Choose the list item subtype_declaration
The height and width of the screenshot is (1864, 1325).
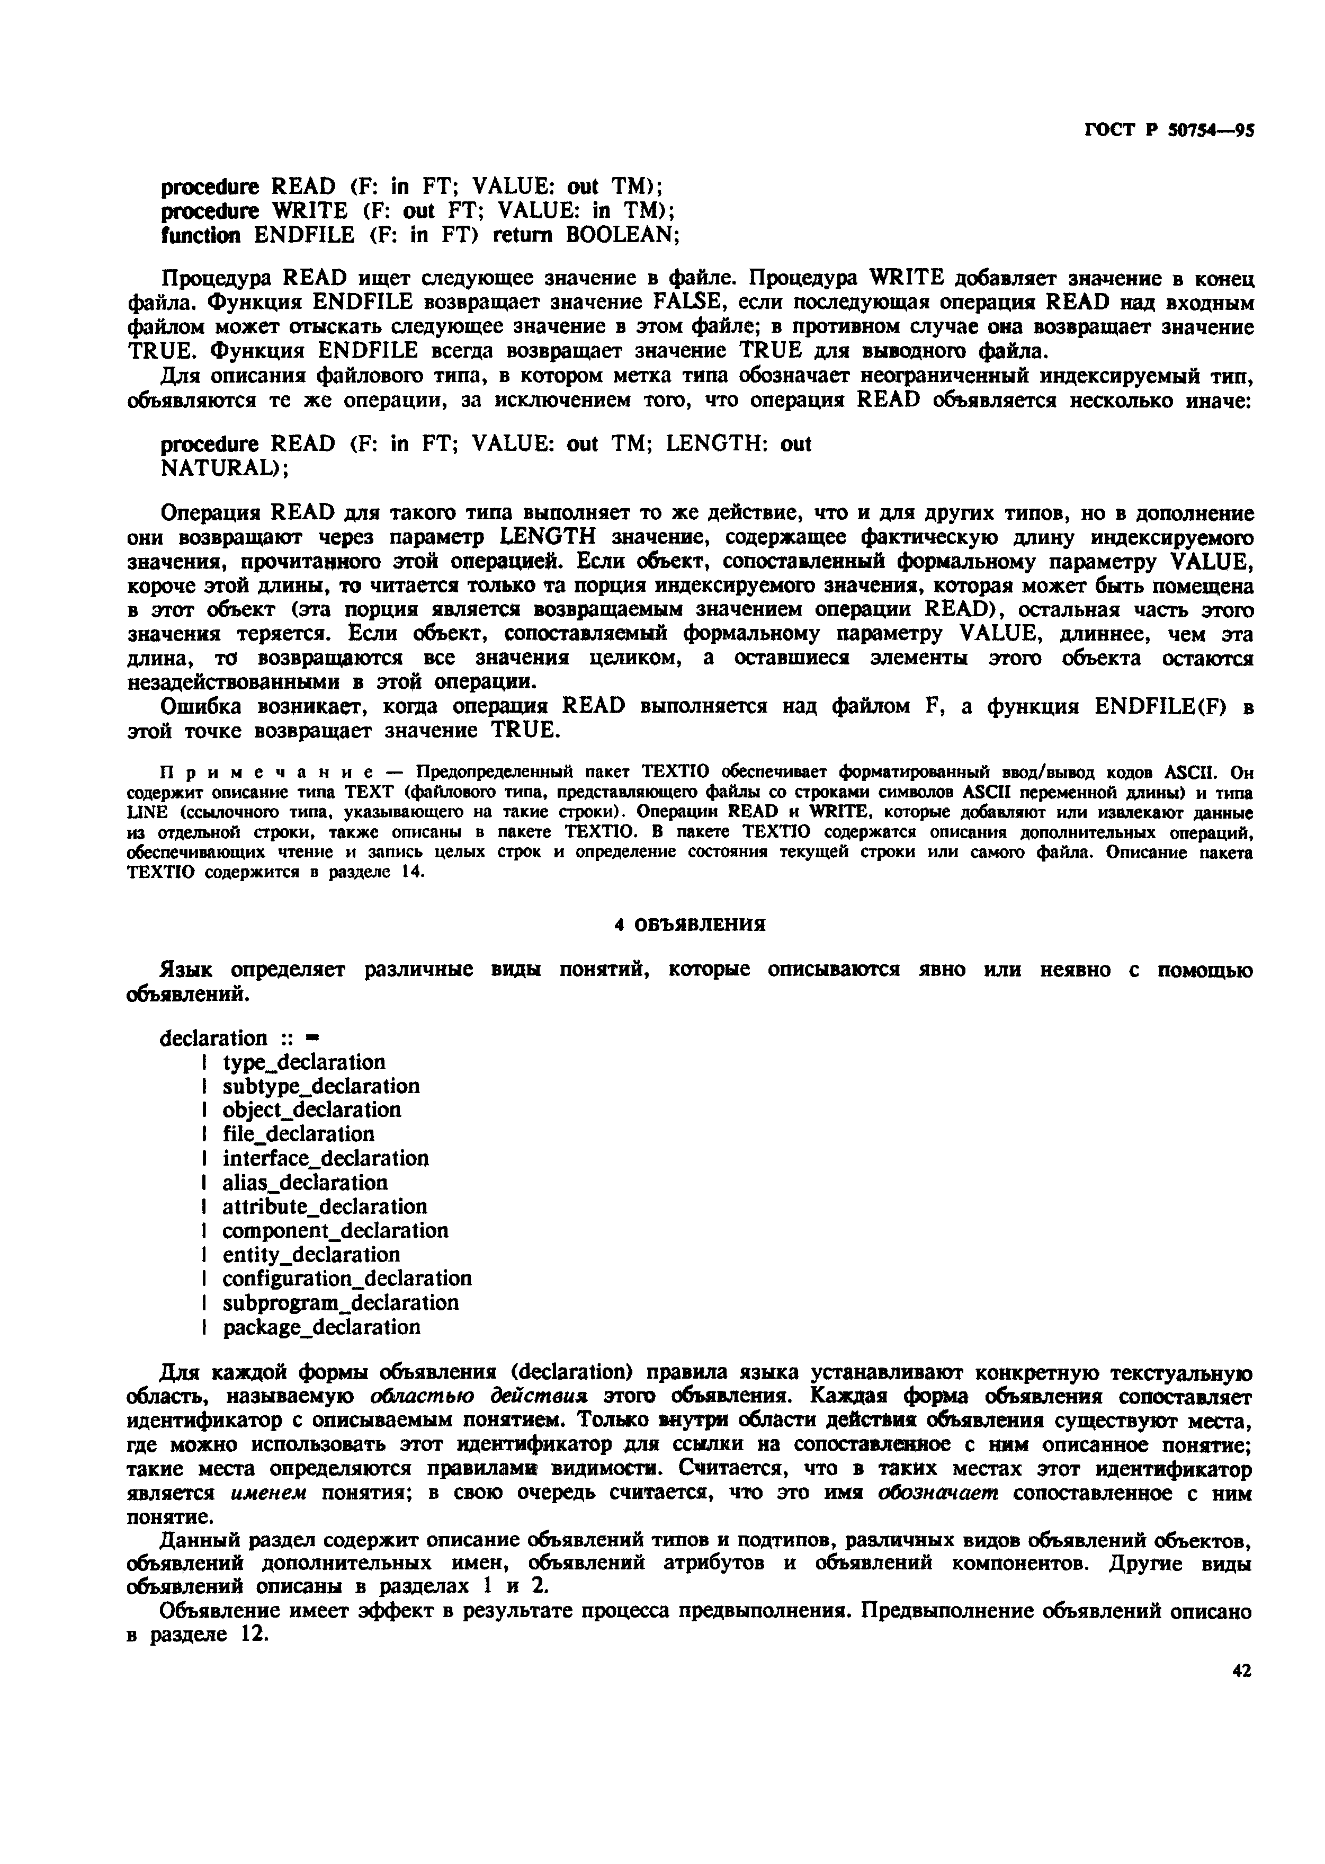pyautogui.click(x=320, y=1086)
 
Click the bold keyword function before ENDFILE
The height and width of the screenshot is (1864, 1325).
pyautogui.click(x=201, y=235)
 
